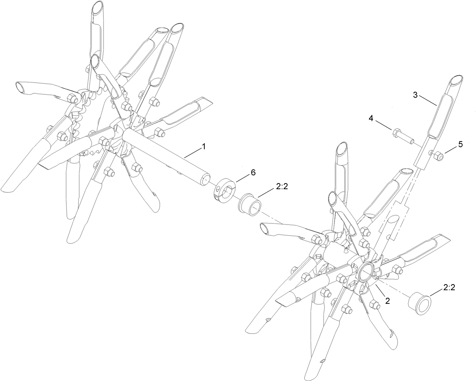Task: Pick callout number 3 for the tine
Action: point(415,95)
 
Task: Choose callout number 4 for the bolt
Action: point(371,119)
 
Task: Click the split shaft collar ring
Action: point(225,189)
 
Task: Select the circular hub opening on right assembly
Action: point(365,272)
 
